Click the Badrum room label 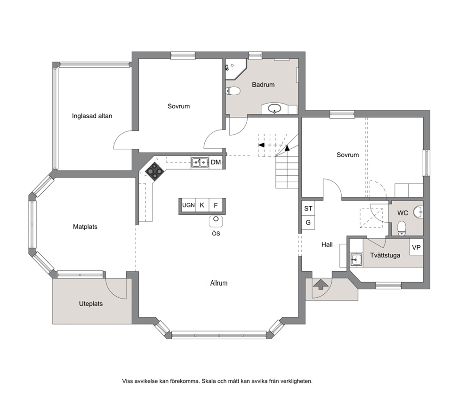tap(263, 85)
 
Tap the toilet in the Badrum tap(233, 90)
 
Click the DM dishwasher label tap(216, 162)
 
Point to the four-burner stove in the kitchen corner tap(154, 171)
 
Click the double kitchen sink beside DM tap(200, 162)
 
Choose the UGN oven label tap(188, 205)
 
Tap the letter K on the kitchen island tap(202, 205)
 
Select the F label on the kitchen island tap(216, 205)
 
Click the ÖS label tap(216, 233)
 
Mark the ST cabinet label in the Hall tap(308, 209)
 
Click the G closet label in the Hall tap(308, 222)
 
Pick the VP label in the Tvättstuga tap(416, 247)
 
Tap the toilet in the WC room tap(402, 228)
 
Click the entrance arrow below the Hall tap(321, 284)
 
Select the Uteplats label tap(90, 304)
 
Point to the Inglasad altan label tap(92, 116)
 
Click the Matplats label tap(85, 227)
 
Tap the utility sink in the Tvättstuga tap(356, 259)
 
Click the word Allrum tap(219, 283)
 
